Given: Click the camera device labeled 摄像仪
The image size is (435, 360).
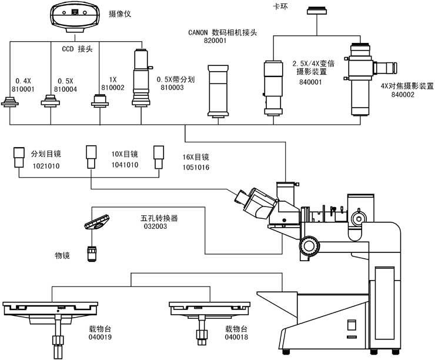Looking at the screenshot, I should [x=73, y=16].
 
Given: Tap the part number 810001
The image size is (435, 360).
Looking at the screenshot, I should [x=24, y=89].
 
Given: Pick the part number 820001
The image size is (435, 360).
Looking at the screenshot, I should [x=216, y=41].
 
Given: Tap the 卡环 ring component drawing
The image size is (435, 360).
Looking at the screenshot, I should [x=319, y=11].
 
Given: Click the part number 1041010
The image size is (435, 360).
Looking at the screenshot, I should [x=125, y=165].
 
